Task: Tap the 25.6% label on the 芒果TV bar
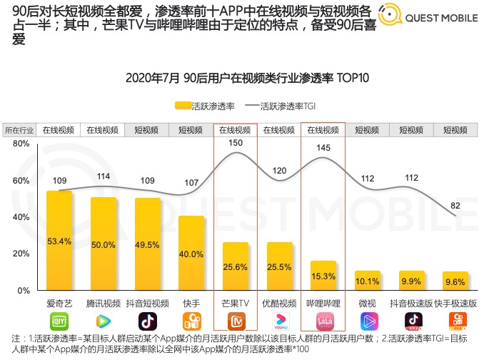(236, 267)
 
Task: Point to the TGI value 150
(236, 143)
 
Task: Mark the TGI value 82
(455, 206)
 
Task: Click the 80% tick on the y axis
(21, 144)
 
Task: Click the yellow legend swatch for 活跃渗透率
(183, 106)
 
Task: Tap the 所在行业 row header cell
(20, 130)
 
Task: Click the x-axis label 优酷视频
(278, 303)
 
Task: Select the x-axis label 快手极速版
(455, 303)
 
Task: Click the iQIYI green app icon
(59, 321)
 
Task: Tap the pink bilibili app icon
(323, 321)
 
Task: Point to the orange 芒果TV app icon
(236, 321)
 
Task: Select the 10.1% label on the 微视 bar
(368, 281)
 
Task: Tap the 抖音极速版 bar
(412, 281)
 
